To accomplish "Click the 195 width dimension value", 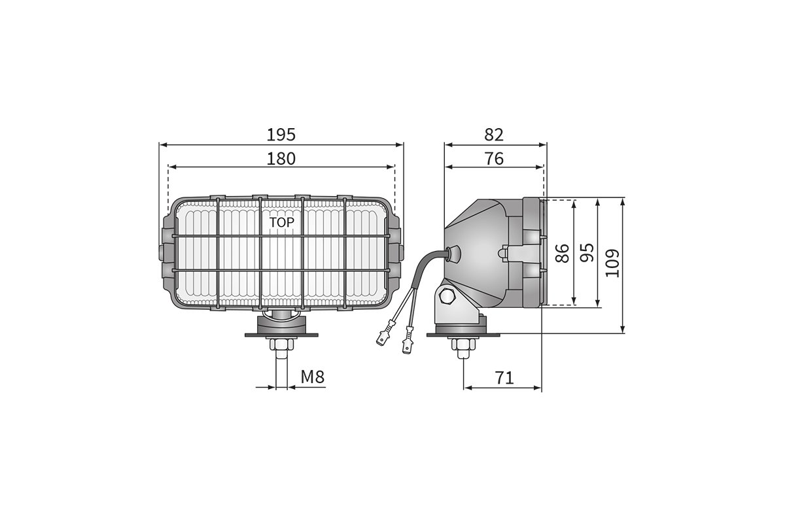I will pos(281,134).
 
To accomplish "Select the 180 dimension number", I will pos(281,158).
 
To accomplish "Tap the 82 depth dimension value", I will pos(495,134).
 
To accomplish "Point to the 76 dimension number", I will pos(495,158).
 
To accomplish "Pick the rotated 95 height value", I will pos(587,252).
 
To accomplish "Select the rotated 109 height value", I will pos(612,263).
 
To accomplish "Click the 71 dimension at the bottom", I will pos(504,377).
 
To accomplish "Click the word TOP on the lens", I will pos(282,222).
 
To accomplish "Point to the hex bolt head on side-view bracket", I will pos(449,297).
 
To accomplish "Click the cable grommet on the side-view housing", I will pos(451,252).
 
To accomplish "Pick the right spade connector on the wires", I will pos(408,342).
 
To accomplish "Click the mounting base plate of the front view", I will pos(281,335).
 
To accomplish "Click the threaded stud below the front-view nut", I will pos(281,369).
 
